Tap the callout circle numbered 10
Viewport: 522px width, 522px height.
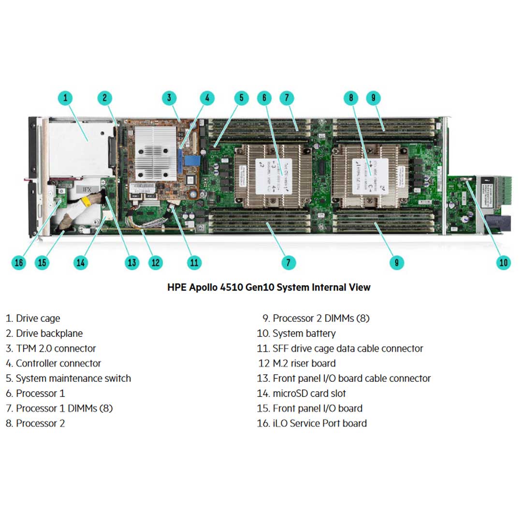click(504, 262)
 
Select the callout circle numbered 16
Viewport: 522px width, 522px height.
click(18, 262)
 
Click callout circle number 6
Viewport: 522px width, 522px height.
click(264, 98)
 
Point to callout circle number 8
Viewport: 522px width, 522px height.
click(351, 98)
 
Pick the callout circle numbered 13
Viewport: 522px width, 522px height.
click(131, 262)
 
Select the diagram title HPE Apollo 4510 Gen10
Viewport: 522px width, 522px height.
click(269, 287)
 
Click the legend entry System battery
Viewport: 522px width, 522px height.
click(296, 333)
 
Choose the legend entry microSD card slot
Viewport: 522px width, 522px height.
click(302, 393)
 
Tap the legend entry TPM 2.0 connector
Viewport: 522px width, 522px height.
click(51, 348)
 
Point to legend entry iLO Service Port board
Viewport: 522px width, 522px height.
click(312, 423)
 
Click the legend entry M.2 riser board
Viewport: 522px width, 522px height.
click(297, 363)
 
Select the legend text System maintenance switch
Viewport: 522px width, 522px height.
click(68, 378)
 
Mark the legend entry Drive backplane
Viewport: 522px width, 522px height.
click(44, 333)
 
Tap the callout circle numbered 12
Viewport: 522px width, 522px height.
click(155, 262)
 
